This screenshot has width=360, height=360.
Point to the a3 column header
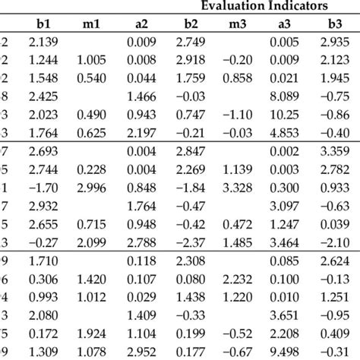288,23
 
